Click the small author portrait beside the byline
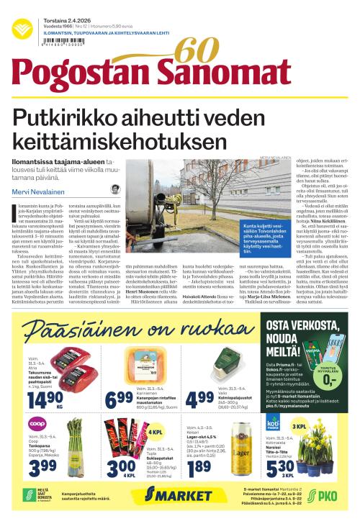coord(115,189)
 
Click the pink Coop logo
coord(39,425)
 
